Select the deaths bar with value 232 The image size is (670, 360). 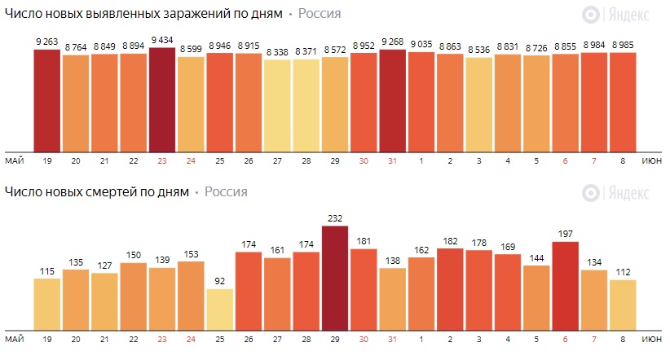(335, 277)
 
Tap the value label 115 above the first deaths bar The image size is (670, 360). (47, 270)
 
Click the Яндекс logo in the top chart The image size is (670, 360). (616, 14)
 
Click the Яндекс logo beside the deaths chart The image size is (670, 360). (616, 193)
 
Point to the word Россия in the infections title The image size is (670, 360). (320, 14)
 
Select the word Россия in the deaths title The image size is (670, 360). (226, 192)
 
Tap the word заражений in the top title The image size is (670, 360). (193, 14)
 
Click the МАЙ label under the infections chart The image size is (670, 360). (13, 160)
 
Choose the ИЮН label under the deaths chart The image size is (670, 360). (652, 338)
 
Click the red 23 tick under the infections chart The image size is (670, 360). (162, 160)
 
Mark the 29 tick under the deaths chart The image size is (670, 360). (335, 338)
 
